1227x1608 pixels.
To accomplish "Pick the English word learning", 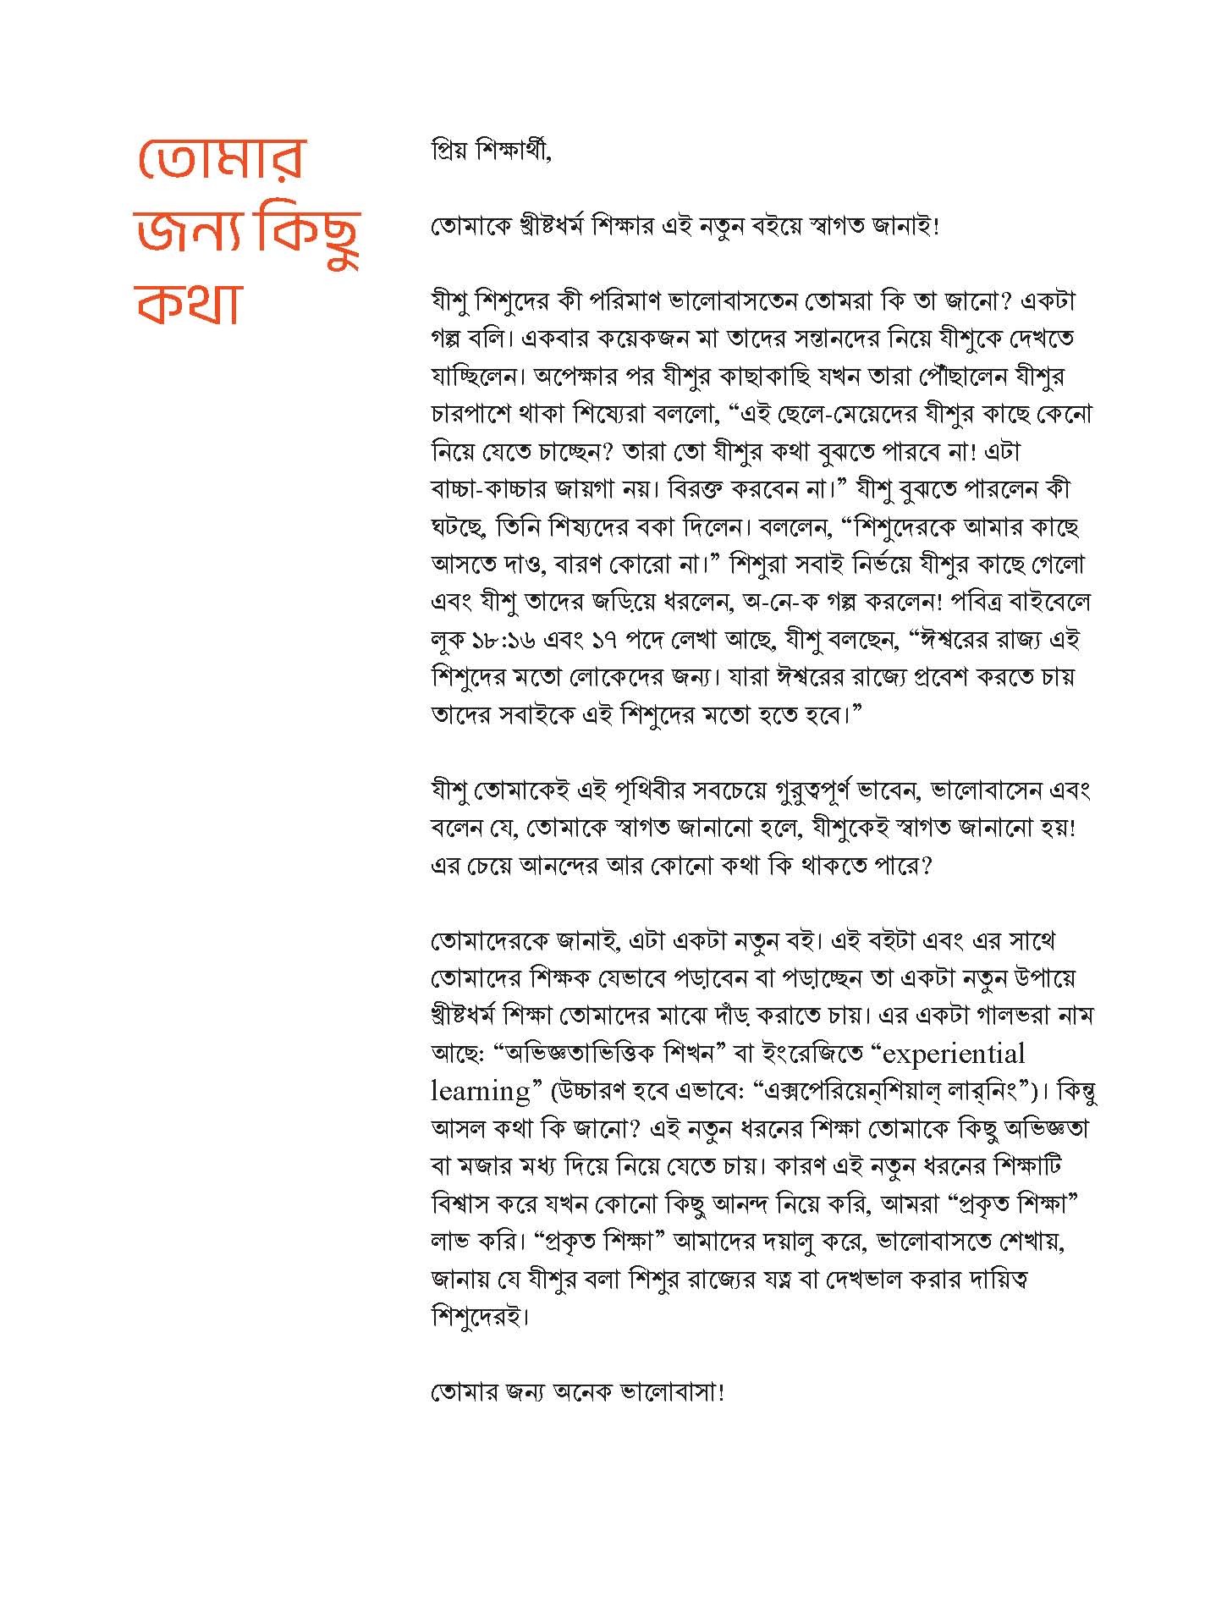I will pyautogui.click(x=481, y=1091).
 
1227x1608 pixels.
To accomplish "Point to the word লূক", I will pyautogui.click(x=450, y=640).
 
